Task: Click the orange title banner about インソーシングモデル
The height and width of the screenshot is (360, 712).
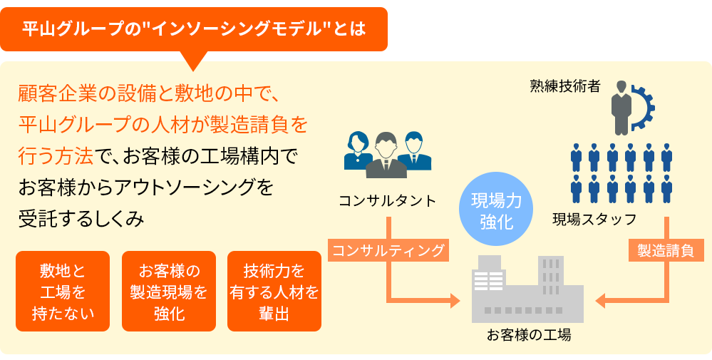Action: coord(193,29)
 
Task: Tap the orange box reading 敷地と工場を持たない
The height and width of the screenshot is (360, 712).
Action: coord(63,291)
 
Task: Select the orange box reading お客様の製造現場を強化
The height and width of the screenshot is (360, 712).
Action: coord(169,291)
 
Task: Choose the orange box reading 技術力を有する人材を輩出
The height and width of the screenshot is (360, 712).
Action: coord(274,291)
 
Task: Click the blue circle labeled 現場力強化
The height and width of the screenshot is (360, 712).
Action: coord(497,211)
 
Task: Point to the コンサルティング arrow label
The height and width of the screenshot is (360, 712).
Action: coord(388,250)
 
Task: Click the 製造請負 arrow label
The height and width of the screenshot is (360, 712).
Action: coord(666,250)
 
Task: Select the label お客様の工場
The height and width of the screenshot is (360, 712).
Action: coord(529,334)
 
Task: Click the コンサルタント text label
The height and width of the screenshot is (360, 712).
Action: coord(387,201)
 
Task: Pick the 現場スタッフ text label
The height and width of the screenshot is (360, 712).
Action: coord(594,219)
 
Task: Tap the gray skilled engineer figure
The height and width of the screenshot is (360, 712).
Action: coord(621,107)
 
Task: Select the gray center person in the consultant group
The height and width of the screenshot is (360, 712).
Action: coord(386,156)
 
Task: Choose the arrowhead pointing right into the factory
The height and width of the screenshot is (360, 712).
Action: coord(455,302)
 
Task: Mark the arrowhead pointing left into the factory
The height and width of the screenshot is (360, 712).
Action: coord(601,301)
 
